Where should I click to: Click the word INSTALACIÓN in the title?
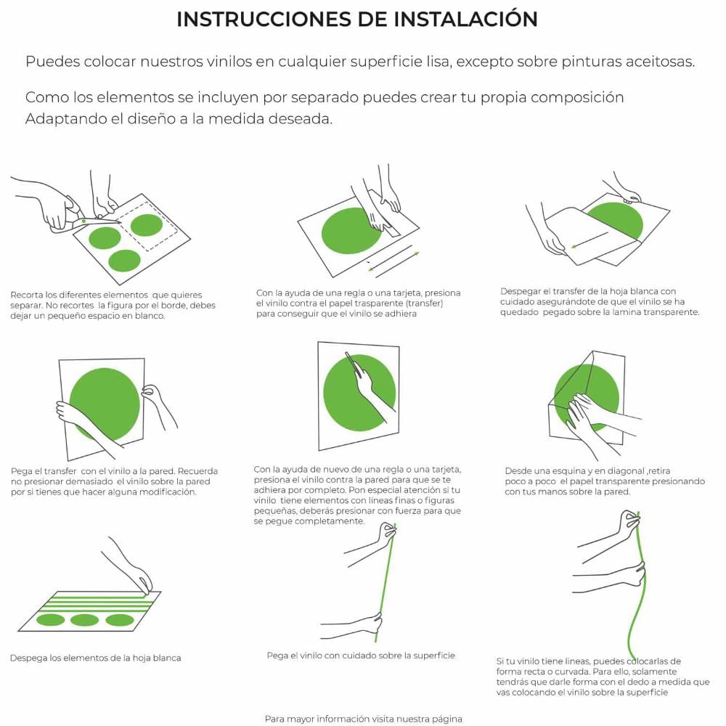466,20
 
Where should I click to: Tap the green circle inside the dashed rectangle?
147,226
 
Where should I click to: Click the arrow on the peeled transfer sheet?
589,240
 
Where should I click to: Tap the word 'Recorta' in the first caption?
27,295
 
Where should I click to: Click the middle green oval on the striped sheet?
84,620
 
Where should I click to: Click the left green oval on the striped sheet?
51,619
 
